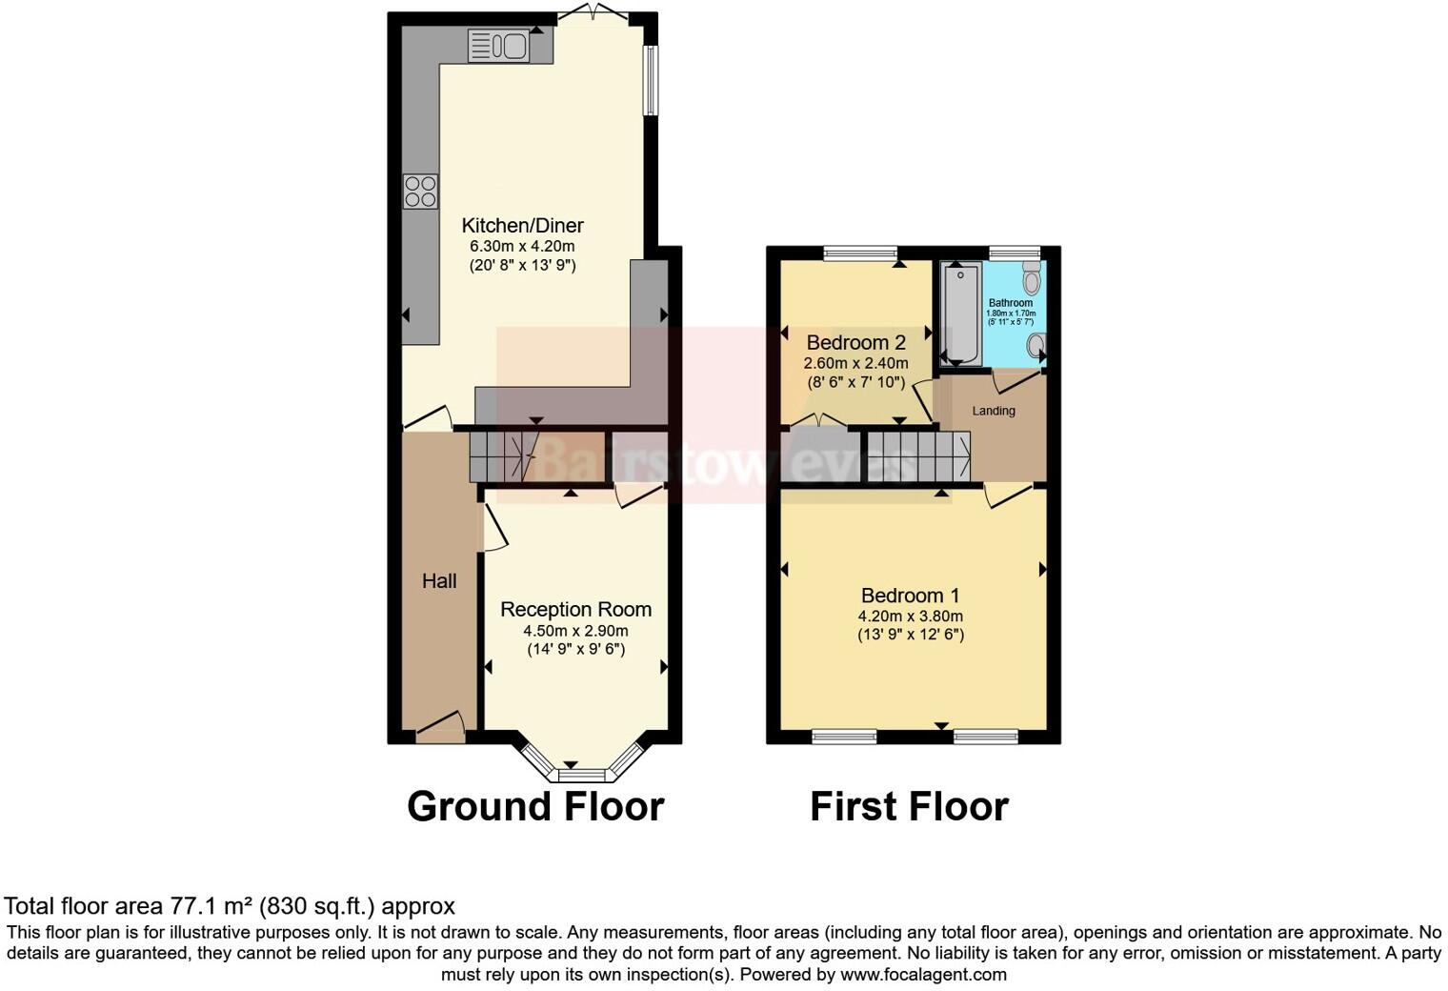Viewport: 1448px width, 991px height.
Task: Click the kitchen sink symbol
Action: [x=498, y=45]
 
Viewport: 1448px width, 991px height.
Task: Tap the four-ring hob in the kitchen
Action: [x=420, y=191]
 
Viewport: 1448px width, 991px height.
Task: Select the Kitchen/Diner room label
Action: [x=522, y=226]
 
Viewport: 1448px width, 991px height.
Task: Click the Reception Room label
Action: [x=575, y=610]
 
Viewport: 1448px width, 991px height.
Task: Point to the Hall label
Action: [x=439, y=581]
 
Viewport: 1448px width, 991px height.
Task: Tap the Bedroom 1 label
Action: [x=910, y=596]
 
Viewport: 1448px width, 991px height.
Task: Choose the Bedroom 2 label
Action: [x=855, y=343]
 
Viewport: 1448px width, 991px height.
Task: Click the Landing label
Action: [x=993, y=411]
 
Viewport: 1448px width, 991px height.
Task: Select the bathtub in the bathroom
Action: [x=961, y=314]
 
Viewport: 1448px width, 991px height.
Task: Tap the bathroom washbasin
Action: [x=1036, y=345]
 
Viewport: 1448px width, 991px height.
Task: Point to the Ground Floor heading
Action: [x=534, y=806]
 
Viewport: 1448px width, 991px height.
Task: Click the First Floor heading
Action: [x=909, y=806]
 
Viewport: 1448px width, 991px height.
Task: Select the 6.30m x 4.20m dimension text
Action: [x=522, y=247]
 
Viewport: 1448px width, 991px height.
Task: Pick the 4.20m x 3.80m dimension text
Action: [x=910, y=616]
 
